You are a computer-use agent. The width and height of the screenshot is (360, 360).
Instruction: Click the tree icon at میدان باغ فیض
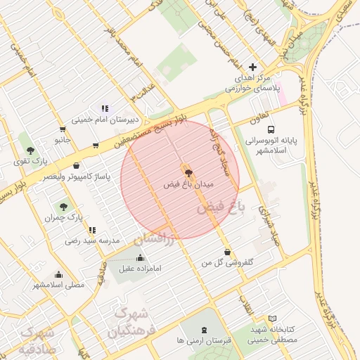[x=188, y=172]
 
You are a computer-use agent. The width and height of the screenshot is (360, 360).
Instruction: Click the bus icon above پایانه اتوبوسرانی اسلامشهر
[x=271, y=129]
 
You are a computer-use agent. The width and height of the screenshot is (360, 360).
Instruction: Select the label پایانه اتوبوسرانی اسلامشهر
[x=271, y=146]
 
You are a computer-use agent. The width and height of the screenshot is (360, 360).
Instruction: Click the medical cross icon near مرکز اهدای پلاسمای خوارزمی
[x=253, y=66]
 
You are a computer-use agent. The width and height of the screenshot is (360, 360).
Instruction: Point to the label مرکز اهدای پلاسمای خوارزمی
[x=252, y=82]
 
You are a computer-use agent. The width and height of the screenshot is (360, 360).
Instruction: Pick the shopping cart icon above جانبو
[x=63, y=129]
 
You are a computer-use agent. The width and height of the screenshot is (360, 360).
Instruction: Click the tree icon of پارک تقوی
[x=30, y=150]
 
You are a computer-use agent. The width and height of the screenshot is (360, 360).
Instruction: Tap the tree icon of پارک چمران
[x=64, y=207]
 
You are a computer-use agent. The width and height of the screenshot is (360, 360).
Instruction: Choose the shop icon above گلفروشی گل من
[x=226, y=252]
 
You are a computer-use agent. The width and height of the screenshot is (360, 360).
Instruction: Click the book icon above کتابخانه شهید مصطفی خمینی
[x=273, y=319]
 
